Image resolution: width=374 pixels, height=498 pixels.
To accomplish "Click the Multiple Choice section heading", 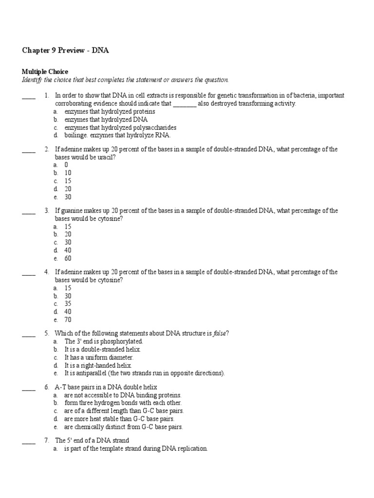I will (45, 71).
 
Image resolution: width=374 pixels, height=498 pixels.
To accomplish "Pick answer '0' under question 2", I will (66, 165).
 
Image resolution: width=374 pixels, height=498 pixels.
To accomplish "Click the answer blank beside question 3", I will (29, 212).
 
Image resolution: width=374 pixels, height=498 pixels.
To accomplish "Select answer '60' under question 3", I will (68, 258).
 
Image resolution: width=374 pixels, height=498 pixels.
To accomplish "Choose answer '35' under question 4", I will (68, 304).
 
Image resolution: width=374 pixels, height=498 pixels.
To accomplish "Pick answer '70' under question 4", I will (68, 320).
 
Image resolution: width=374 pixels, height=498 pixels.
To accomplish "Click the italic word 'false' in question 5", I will (218, 333).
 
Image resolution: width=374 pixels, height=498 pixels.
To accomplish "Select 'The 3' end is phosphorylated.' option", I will (103, 341).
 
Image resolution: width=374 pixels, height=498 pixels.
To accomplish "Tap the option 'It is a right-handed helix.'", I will (98, 365).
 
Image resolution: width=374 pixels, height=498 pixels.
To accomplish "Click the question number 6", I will (46, 387).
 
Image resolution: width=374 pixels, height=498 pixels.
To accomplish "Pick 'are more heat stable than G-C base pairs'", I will (119, 419).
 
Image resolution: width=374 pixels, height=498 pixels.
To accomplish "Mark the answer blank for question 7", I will (29, 442).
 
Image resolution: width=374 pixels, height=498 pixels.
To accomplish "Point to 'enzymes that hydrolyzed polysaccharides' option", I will (120, 127).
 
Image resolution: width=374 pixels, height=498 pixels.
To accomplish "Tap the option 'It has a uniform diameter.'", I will (98, 357).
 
